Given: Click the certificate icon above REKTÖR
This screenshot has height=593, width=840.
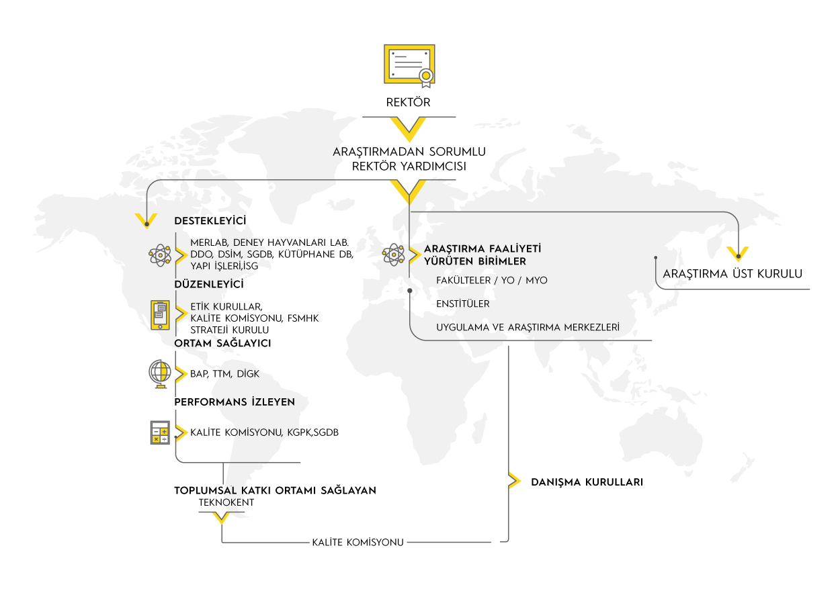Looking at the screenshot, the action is [409, 66].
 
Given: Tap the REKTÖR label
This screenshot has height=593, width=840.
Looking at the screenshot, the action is [409, 102].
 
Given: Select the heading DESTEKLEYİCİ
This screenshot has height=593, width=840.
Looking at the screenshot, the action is [210, 220].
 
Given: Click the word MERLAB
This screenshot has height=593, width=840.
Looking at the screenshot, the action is [209, 243].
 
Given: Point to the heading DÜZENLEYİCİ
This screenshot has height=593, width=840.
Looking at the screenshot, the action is [209, 284].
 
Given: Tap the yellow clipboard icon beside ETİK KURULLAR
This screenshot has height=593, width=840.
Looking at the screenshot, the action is [160, 315].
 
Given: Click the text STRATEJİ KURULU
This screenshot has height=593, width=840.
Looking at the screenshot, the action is [230, 330].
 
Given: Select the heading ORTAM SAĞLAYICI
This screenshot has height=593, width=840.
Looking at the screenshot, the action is [222, 343].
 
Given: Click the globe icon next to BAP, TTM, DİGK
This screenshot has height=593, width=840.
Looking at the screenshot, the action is [160, 374].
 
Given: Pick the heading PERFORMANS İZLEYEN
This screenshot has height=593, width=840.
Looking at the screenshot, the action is [235, 402].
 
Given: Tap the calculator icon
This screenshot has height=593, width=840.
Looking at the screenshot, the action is [160, 432].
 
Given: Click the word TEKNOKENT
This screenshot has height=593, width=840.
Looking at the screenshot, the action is [226, 502].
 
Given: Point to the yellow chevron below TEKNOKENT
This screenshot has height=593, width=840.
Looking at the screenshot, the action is [221, 518].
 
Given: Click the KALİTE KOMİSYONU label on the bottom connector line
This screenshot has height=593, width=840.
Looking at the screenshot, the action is [358, 543].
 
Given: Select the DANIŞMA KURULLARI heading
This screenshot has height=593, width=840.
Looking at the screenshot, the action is [587, 482].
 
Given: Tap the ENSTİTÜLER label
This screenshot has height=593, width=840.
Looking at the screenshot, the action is [463, 304].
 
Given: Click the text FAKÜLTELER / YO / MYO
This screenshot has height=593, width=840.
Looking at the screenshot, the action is [492, 280].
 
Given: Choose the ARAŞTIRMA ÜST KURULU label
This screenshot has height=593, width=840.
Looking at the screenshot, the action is [732, 273].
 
